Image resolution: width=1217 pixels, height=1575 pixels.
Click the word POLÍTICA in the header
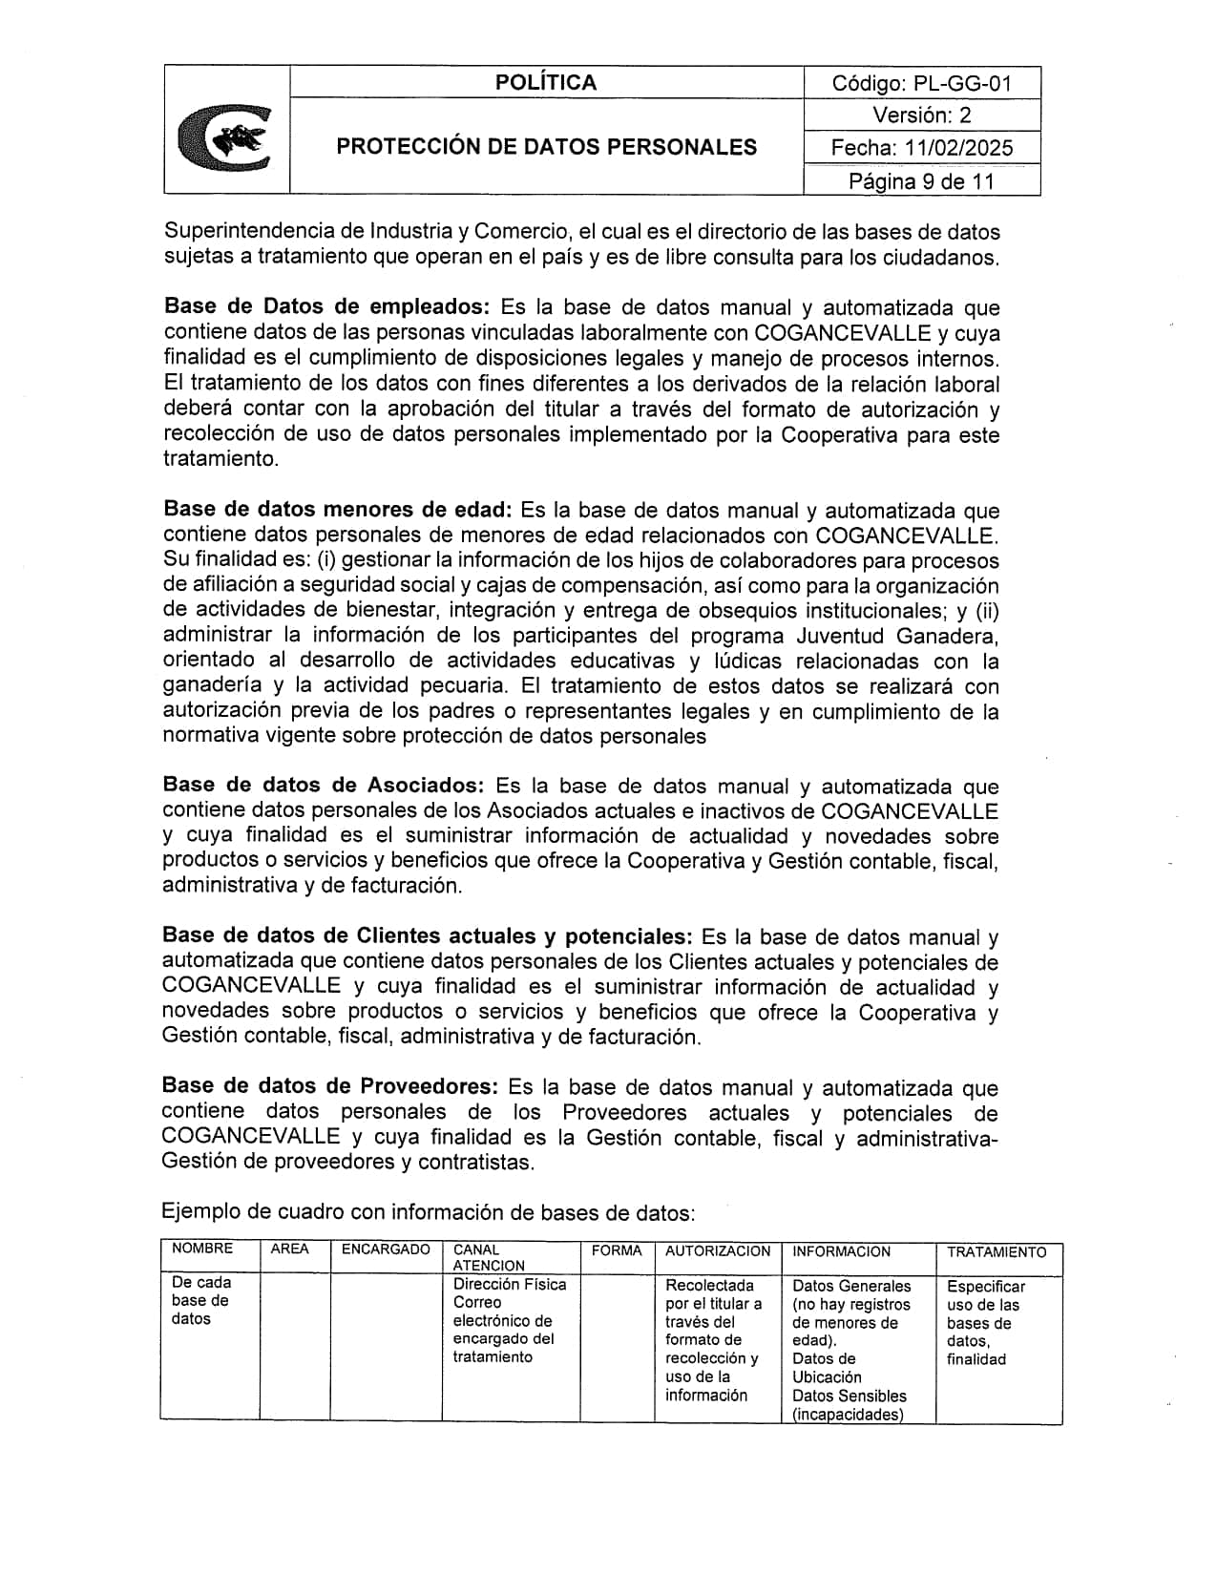point(545,83)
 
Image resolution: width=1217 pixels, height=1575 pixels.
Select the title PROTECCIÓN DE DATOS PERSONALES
point(546,147)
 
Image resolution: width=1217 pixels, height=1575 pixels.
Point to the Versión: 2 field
point(921,115)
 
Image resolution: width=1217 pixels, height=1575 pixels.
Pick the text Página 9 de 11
point(921,181)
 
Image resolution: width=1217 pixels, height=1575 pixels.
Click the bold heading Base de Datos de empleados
point(326,307)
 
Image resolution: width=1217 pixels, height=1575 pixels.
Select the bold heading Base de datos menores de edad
point(338,510)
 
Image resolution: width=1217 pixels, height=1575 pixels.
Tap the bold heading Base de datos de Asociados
point(323,786)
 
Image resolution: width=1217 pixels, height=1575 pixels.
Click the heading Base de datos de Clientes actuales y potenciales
point(427,936)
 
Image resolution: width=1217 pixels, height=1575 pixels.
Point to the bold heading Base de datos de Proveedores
point(329,1086)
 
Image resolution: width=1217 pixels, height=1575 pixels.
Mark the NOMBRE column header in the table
point(202,1249)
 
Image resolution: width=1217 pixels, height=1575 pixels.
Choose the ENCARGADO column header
point(386,1249)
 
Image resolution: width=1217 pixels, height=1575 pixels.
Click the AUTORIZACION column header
point(717,1251)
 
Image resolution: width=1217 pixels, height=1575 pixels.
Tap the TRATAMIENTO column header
point(997,1252)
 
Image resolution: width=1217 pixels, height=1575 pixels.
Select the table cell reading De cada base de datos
point(201,1301)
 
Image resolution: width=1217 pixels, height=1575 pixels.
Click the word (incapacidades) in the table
point(848,1415)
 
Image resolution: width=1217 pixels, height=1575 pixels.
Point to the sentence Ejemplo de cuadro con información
point(428,1213)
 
